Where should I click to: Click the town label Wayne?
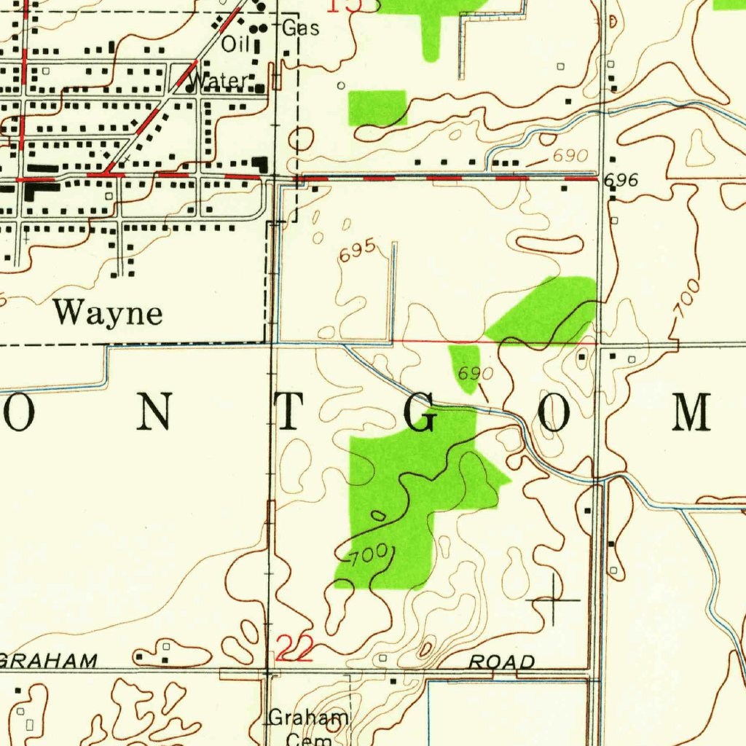pyautogui.click(x=108, y=313)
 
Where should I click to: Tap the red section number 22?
pyautogui.click(x=294, y=648)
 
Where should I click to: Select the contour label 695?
pyautogui.click(x=357, y=251)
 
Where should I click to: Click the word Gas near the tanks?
pyautogui.click(x=301, y=28)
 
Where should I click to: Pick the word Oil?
pyautogui.click(x=235, y=45)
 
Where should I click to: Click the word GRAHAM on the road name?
pyautogui.click(x=48, y=661)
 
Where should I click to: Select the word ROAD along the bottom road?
pyautogui.click(x=502, y=661)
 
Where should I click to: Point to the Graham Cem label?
pyautogui.click(x=308, y=727)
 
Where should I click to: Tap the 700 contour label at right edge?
pyautogui.click(x=687, y=297)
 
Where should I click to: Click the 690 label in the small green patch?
pyautogui.click(x=476, y=374)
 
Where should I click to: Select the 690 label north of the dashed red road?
pyautogui.click(x=569, y=156)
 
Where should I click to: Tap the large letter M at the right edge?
pyautogui.click(x=691, y=412)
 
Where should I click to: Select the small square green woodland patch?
pyautogui.click(x=377, y=108)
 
